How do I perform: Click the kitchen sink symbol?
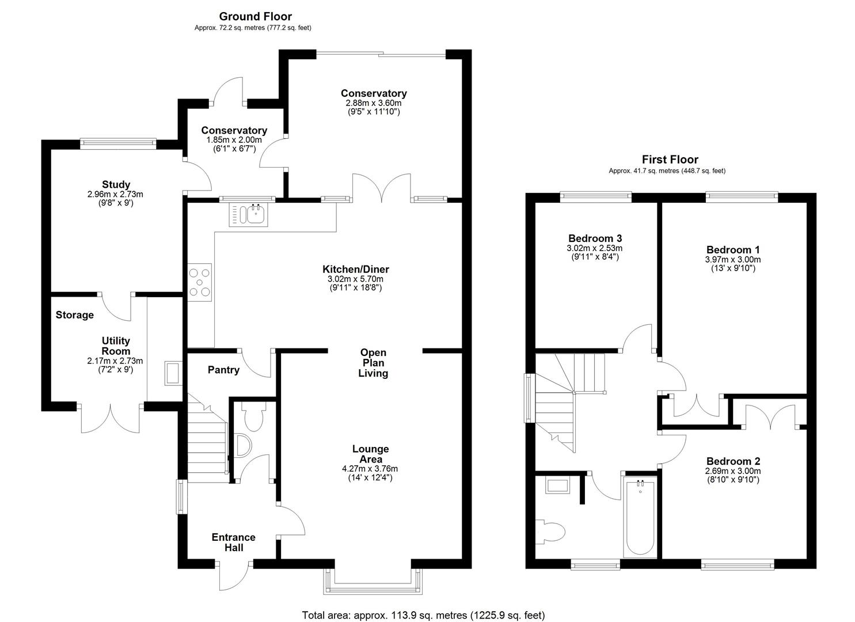pyautogui.click(x=248, y=215)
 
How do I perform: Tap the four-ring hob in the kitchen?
pyautogui.click(x=199, y=282)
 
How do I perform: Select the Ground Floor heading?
pyautogui.click(x=255, y=17)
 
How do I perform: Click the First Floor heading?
pyautogui.click(x=670, y=160)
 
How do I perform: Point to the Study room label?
pyautogui.click(x=116, y=185)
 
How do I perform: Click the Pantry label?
pyautogui.click(x=223, y=370)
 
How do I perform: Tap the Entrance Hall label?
pyautogui.click(x=233, y=543)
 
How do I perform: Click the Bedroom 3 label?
pyautogui.click(x=595, y=238)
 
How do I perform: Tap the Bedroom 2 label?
pyautogui.click(x=733, y=461)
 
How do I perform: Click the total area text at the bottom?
pyautogui.click(x=423, y=615)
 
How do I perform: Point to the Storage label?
pyautogui.click(x=75, y=315)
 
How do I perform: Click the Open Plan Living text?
pyautogui.click(x=373, y=363)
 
